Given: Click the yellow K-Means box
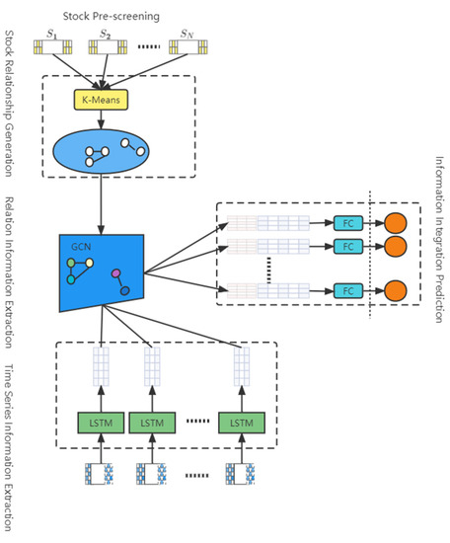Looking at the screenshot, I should coord(102,99).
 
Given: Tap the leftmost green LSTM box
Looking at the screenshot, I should coord(102,422).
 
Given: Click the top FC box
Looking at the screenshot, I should coord(346,223).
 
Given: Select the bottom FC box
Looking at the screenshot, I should coord(346,291).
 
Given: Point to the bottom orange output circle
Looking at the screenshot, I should coord(396,291).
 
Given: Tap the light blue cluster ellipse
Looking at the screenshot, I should coord(102,151).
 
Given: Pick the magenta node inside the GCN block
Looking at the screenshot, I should coord(116,271).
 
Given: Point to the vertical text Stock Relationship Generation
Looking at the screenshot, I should coord(9,100).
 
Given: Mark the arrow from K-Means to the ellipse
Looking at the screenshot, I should coord(102,117).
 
